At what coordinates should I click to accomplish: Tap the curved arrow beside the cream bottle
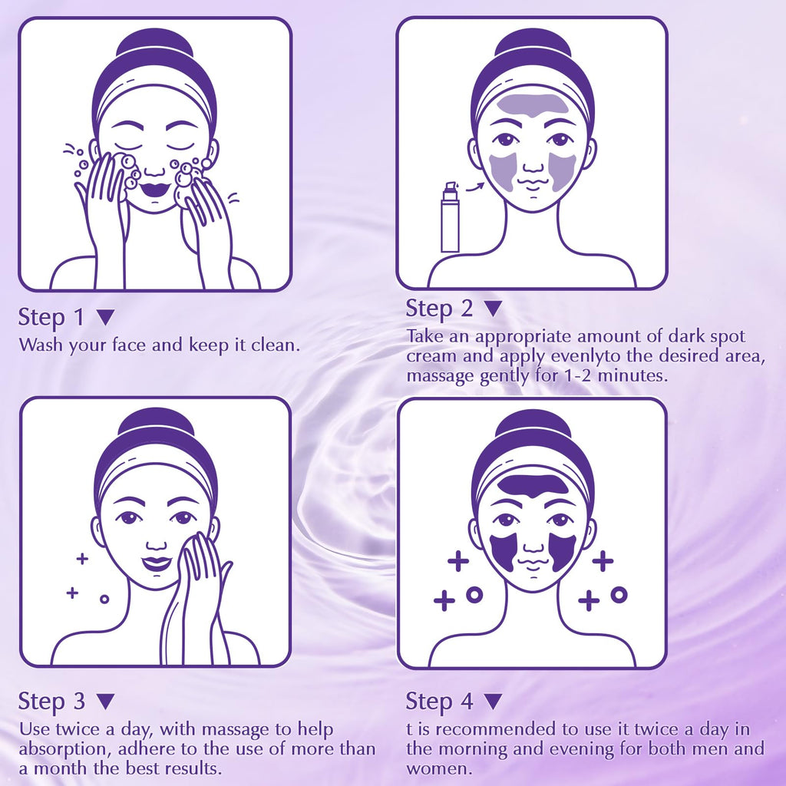click(474, 187)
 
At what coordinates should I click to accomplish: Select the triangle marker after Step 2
click(494, 309)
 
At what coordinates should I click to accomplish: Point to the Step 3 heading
click(51, 702)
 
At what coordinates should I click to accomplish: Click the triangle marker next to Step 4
click(494, 702)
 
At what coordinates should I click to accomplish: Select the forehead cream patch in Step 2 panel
click(533, 106)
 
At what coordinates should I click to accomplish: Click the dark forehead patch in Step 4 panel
click(534, 485)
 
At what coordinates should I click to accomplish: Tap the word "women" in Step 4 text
click(438, 768)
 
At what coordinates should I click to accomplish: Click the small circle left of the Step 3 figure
click(104, 599)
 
